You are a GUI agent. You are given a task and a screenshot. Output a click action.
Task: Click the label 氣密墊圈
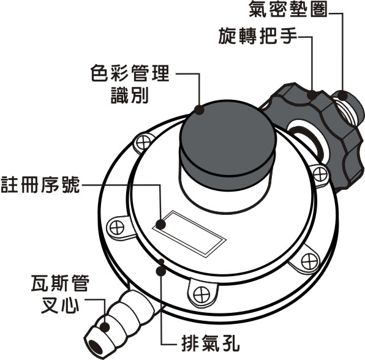click(288, 9)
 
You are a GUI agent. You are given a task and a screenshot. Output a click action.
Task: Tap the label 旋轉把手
click(258, 36)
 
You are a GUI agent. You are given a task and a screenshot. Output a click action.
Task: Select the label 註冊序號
click(40, 185)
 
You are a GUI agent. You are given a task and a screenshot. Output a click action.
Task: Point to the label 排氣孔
click(211, 343)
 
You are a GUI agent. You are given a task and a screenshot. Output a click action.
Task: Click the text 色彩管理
click(130, 73)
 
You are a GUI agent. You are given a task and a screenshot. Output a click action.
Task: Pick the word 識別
click(130, 95)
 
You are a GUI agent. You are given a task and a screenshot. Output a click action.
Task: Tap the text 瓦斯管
click(60, 283)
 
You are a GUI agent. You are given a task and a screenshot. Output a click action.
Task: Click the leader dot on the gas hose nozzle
click(105, 327)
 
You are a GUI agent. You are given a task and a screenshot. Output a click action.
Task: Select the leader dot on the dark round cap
click(199, 110)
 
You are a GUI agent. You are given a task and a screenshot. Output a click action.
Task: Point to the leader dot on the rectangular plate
click(160, 225)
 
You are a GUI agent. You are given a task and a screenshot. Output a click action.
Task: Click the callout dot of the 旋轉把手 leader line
click(312, 95)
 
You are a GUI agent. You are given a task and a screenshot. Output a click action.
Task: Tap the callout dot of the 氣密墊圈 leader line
click(342, 95)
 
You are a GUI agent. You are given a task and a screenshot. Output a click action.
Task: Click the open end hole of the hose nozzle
click(96, 347)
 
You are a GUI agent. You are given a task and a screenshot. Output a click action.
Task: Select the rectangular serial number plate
click(189, 234)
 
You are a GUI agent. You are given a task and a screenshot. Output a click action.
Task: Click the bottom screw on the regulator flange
click(201, 295)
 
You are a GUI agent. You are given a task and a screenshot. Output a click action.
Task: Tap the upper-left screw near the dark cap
click(143, 143)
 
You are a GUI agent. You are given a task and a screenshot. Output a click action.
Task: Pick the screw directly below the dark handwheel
click(320, 174)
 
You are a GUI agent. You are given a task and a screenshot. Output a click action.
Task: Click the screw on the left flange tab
click(117, 227)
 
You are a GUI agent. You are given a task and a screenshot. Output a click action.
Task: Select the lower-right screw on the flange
click(309, 261)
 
